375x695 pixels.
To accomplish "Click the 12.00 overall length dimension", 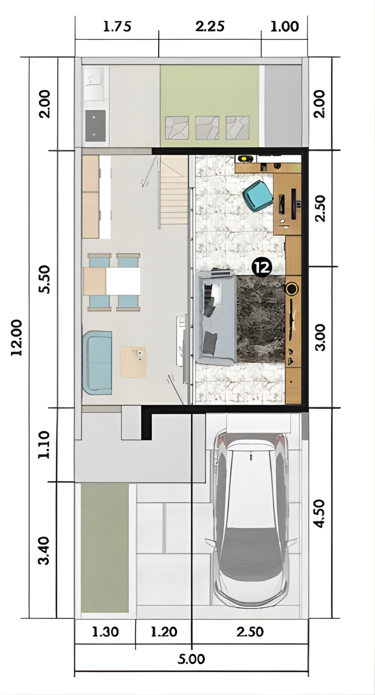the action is pyautogui.click(x=16, y=337).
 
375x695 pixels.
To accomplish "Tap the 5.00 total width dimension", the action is pyautogui.click(x=191, y=659).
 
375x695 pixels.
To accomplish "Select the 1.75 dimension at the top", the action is pyautogui.click(x=117, y=27).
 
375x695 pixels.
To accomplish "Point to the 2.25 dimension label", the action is pyautogui.click(x=210, y=27).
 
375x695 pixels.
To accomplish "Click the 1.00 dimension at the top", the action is pyautogui.click(x=285, y=27).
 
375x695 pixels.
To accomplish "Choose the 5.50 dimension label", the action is pyautogui.click(x=44, y=279).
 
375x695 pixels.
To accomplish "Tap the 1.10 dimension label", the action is pyautogui.click(x=44, y=444).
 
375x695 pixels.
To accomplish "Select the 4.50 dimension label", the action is pyautogui.click(x=320, y=513).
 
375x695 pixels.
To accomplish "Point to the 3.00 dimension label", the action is pyautogui.click(x=320, y=338).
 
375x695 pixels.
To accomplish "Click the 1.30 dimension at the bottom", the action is pyautogui.click(x=105, y=631).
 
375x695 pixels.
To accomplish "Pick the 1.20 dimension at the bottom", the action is pyautogui.click(x=164, y=631).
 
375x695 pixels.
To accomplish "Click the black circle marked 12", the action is pyautogui.click(x=262, y=267).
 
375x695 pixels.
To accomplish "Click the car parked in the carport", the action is pyautogui.click(x=251, y=519).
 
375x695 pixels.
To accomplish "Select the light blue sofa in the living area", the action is pyautogui.click(x=97, y=363).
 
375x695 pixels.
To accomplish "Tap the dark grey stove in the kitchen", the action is pyautogui.click(x=95, y=125).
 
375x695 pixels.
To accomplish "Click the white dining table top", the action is pyautogui.click(x=123, y=281).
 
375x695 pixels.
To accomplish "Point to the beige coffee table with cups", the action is pyautogui.click(x=133, y=362).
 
